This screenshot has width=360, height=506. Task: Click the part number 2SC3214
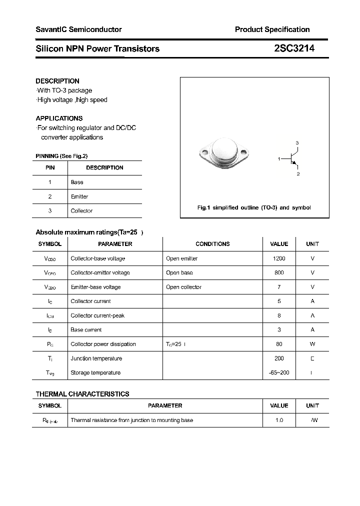click(x=294, y=48)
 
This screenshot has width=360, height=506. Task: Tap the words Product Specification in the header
click(x=272, y=29)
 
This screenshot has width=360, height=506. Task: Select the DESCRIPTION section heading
click(x=57, y=81)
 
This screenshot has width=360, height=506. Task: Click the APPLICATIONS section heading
click(x=59, y=118)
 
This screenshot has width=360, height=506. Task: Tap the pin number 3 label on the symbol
click(x=297, y=143)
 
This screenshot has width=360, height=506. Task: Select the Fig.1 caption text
click(x=254, y=207)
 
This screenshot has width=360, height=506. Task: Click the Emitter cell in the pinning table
click(x=79, y=196)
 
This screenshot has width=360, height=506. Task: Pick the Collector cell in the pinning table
click(x=81, y=211)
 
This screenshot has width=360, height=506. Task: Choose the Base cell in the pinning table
click(x=77, y=182)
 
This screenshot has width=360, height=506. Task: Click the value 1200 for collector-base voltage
click(x=279, y=258)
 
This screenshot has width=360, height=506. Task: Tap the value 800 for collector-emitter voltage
click(x=279, y=272)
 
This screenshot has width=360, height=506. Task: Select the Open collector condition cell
click(x=183, y=287)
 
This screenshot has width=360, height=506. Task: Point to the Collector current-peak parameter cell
click(x=97, y=315)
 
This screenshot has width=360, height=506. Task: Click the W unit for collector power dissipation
click(x=312, y=344)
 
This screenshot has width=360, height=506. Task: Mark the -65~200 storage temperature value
click(x=279, y=372)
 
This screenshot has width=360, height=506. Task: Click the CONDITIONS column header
click(x=212, y=244)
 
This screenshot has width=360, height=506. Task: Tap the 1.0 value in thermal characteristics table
click(x=279, y=420)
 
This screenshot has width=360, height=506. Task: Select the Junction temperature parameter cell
click(x=96, y=358)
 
